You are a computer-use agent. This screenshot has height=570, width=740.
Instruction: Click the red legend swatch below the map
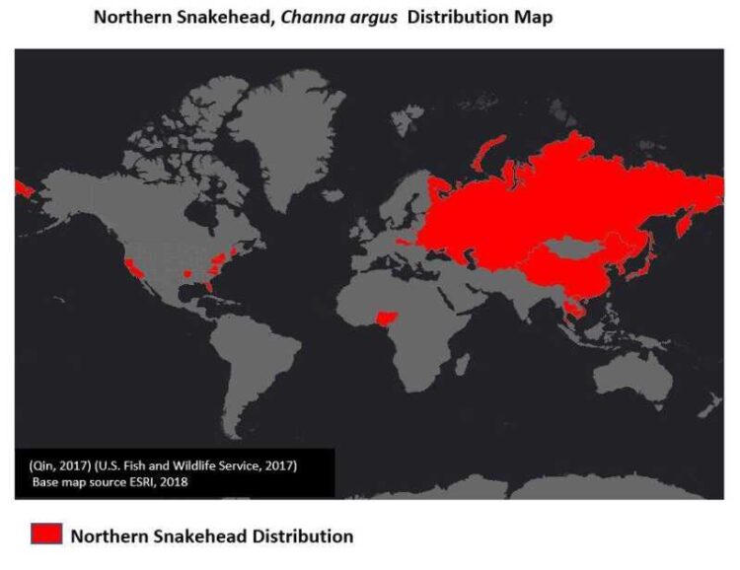(46, 535)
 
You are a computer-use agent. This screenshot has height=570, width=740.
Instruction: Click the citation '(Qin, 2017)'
(60, 464)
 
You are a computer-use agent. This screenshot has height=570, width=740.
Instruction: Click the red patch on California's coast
(131, 265)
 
